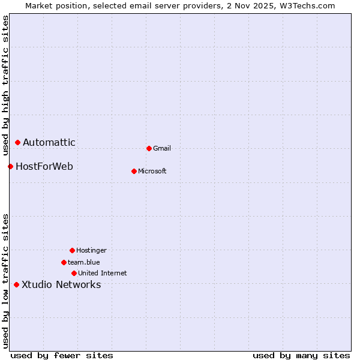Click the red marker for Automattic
(x=18, y=142)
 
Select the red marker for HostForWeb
(x=10, y=166)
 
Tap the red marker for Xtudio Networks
(x=16, y=284)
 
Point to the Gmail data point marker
(x=149, y=148)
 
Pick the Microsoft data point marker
(x=134, y=171)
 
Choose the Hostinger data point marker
(x=72, y=250)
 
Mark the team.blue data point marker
(x=64, y=262)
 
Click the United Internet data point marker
(x=74, y=273)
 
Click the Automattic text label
(x=49, y=142)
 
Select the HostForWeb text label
(x=44, y=166)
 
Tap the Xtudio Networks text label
(x=61, y=284)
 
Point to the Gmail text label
(x=162, y=148)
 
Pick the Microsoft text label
(x=152, y=171)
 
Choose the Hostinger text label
(x=91, y=250)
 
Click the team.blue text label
(x=84, y=262)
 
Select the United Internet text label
(x=103, y=273)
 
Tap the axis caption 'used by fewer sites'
(x=62, y=355)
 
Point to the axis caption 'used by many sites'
(x=301, y=355)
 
